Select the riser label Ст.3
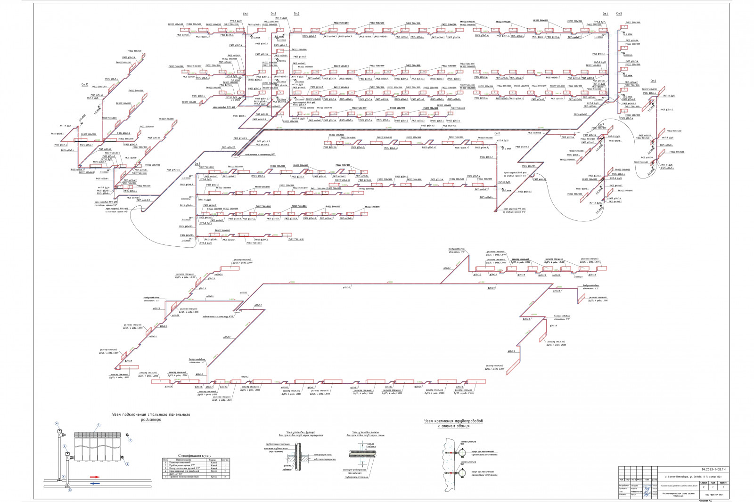[296, 14]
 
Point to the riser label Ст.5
[618, 14]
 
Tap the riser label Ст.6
[653, 81]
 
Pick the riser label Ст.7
[601, 125]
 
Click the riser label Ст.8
[497, 134]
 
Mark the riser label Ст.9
[197, 163]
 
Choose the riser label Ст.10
[85, 84]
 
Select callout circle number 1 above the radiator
[98, 425]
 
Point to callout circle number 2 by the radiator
[127, 464]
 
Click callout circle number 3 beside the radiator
[130, 441]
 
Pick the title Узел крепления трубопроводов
[454, 421]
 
